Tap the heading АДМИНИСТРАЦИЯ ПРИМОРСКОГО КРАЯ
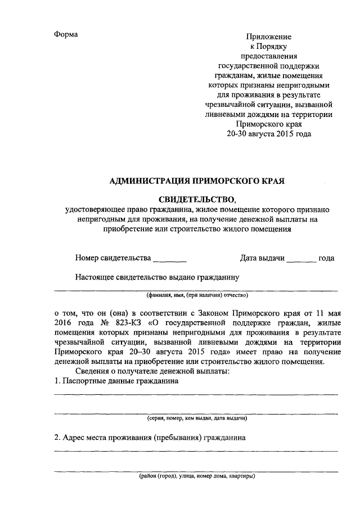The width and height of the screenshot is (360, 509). click(197, 181)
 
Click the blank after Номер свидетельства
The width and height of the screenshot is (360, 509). click(170, 259)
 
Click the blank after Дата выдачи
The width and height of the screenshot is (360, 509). click(301, 259)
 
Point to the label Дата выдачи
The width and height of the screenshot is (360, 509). click(262, 258)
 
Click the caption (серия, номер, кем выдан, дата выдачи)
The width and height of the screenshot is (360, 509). click(196, 418)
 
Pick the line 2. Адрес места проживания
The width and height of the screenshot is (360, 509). click(150, 437)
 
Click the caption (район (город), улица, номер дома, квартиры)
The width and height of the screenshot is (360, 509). click(196, 476)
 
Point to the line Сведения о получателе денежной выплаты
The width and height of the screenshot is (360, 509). click(155, 371)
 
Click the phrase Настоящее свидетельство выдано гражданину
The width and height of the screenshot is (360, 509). click(157, 276)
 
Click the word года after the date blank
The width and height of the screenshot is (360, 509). click(327, 258)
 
